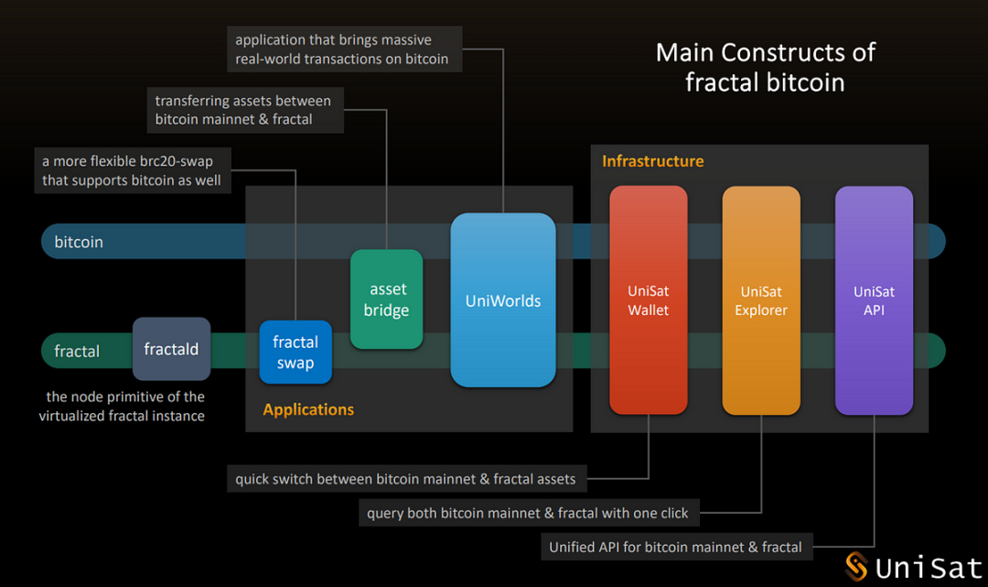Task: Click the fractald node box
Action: click(x=171, y=349)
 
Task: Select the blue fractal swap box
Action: click(x=295, y=353)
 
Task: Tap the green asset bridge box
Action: click(x=386, y=299)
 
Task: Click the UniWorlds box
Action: click(x=503, y=300)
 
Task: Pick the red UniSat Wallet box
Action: click(x=648, y=300)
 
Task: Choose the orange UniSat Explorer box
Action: click(x=761, y=300)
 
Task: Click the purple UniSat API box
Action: click(x=874, y=300)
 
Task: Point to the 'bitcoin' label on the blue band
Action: click(x=79, y=242)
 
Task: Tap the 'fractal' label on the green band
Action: click(x=77, y=351)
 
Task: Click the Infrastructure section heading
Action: click(x=652, y=161)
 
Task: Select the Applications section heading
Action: click(x=308, y=409)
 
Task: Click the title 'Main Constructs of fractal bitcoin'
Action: click(x=765, y=67)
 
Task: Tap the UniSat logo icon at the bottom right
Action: click(x=856, y=567)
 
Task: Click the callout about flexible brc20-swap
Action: click(x=132, y=170)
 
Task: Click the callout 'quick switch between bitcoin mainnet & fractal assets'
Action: click(x=405, y=478)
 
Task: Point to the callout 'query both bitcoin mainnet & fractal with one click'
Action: click(x=528, y=513)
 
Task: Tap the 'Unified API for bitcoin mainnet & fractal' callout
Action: click(x=675, y=547)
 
